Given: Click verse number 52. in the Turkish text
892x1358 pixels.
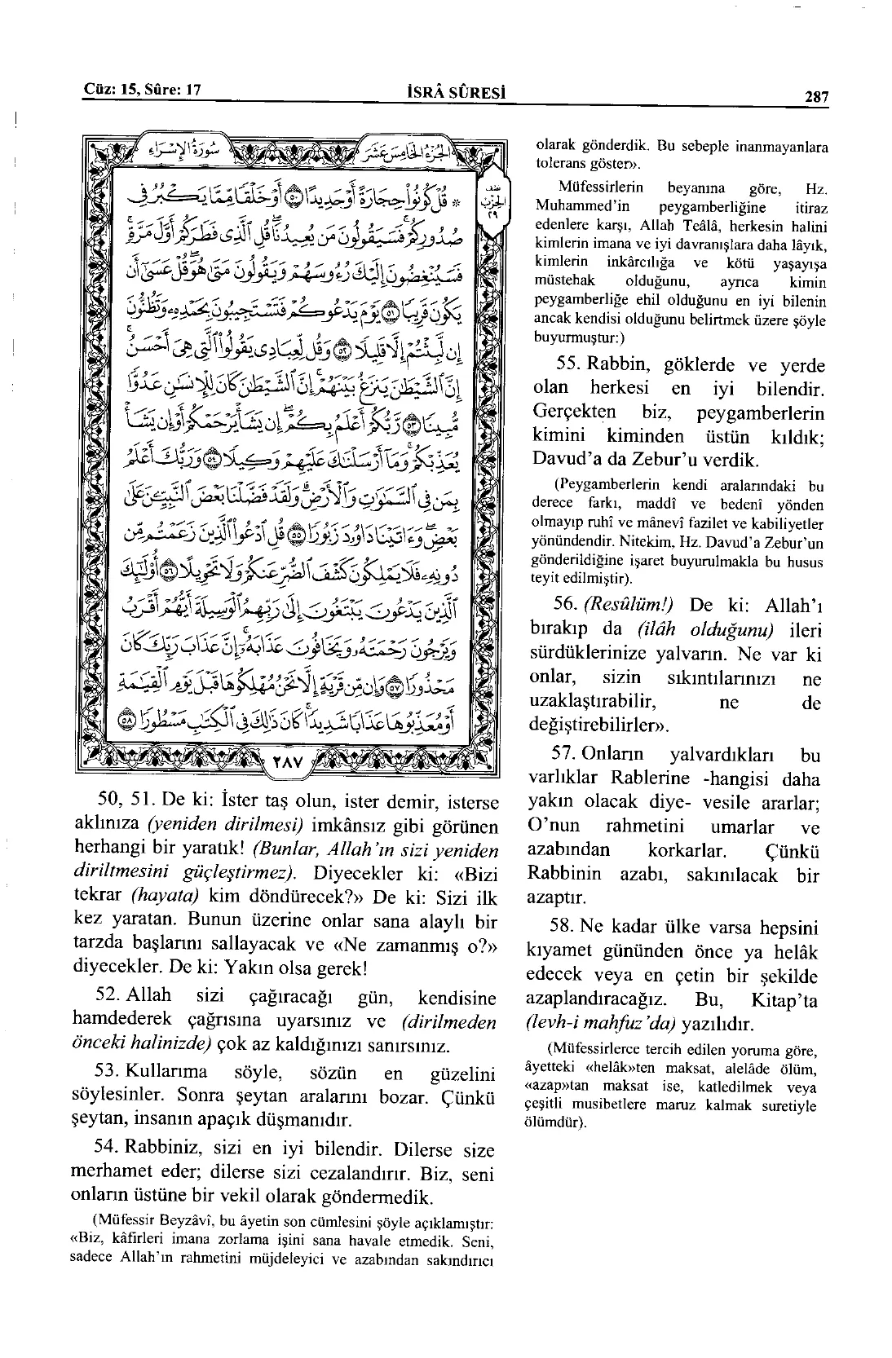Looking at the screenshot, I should (109, 995).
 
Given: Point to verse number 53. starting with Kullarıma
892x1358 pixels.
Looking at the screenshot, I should (109, 1072).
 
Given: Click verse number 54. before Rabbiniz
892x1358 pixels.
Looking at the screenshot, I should (109, 1149).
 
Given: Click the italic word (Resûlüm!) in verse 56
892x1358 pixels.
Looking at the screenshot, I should (629, 606).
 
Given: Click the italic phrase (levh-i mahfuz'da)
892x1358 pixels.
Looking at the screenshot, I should (600, 1024).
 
